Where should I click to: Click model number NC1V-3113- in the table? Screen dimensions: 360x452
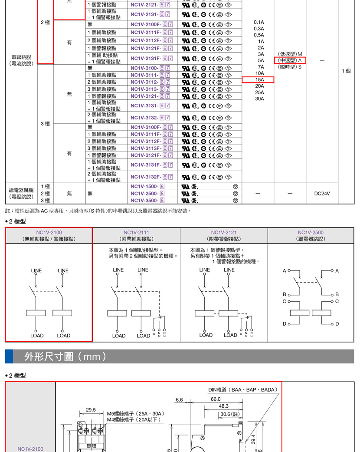(144, 89)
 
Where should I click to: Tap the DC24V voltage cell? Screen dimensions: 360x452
(322, 194)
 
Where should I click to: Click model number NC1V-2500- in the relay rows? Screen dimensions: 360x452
(144, 193)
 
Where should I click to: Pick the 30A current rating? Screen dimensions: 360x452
(259, 99)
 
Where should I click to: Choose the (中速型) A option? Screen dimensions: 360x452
(290, 60)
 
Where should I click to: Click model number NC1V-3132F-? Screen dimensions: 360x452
(146, 177)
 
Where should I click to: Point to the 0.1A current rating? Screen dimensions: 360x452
(259, 22)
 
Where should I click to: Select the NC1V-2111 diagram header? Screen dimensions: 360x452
(137, 235)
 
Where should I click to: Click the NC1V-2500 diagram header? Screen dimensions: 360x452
(311, 235)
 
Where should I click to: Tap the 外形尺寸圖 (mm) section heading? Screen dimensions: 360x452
(65, 356)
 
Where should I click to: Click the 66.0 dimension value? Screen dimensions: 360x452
(216, 399)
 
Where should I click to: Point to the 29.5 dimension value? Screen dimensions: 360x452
(91, 409)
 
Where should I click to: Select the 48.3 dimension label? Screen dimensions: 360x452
(223, 406)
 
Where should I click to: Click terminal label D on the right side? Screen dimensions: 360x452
(337, 324)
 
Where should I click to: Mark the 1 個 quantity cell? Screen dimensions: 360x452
(346, 71)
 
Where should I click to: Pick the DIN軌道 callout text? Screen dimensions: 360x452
(243, 390)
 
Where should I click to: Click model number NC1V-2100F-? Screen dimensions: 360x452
(146, 24)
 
